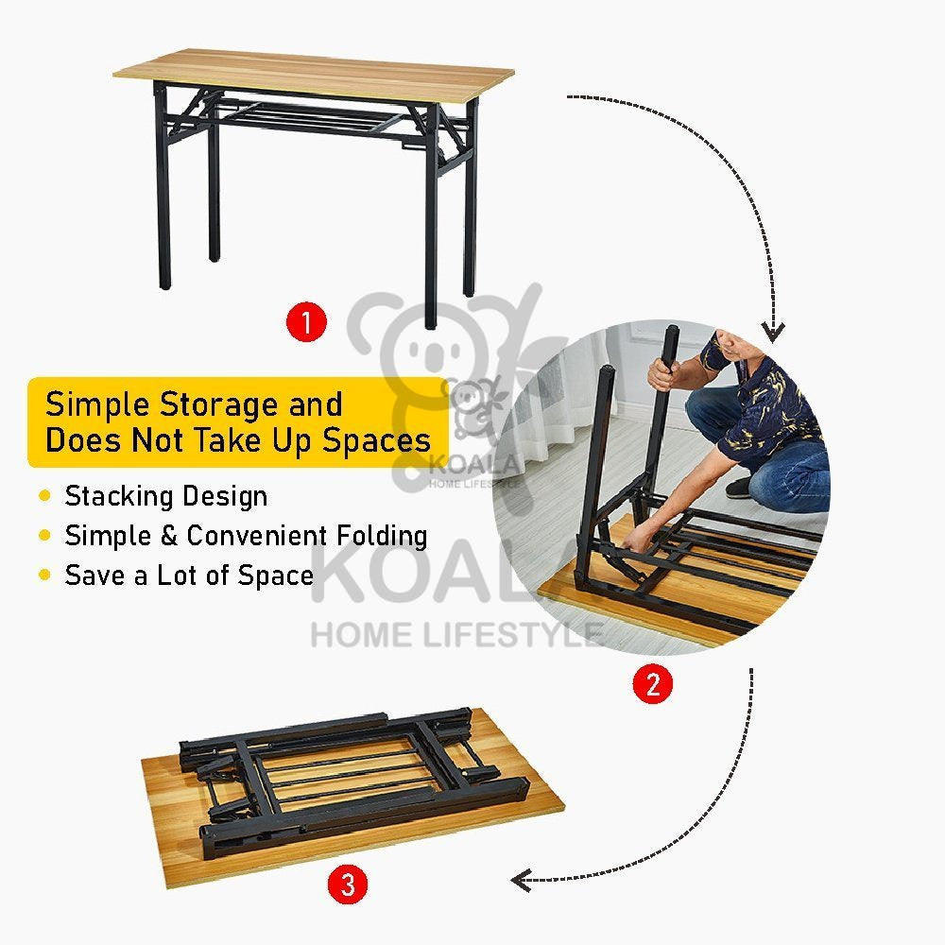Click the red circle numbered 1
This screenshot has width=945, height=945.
click(307, 322)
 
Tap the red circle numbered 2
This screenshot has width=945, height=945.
click(653, 684)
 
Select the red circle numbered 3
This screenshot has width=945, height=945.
click(349, 885)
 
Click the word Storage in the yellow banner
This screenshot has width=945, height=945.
click(219, 404)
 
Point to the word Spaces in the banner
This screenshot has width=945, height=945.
click(377, 439)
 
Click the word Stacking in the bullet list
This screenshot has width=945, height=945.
click(119, 497)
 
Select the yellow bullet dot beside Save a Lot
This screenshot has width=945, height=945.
click(44, 575)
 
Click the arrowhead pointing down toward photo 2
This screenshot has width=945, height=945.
click(773, 332)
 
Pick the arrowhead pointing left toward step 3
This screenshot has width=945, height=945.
click(522, 880)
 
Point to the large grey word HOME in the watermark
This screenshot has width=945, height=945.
click(361, 635)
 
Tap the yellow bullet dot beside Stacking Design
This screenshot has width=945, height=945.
click(44, 496)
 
